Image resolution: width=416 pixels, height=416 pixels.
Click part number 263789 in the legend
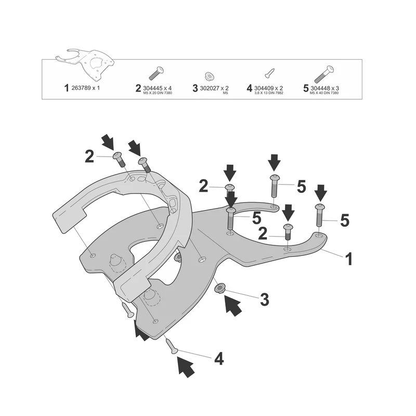81,88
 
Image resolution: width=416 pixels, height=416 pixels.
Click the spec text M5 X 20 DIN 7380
158,93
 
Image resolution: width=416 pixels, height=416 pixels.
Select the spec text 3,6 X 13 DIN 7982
269,93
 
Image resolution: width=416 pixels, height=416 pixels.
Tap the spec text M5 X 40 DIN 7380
324,93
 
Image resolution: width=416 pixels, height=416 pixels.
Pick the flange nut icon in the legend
210,76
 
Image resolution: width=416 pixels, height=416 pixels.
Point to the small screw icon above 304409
269,73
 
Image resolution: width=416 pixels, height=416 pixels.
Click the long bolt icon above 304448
323,74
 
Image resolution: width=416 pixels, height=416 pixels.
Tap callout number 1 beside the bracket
349,259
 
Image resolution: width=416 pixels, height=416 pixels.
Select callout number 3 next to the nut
265,300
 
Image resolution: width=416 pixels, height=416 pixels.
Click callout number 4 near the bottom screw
219,359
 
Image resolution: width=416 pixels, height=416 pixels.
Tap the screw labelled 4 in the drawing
172,346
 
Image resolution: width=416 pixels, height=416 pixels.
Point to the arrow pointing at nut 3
233,306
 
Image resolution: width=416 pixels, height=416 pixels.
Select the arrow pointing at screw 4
186,367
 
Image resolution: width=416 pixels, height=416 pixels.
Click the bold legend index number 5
306,88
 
